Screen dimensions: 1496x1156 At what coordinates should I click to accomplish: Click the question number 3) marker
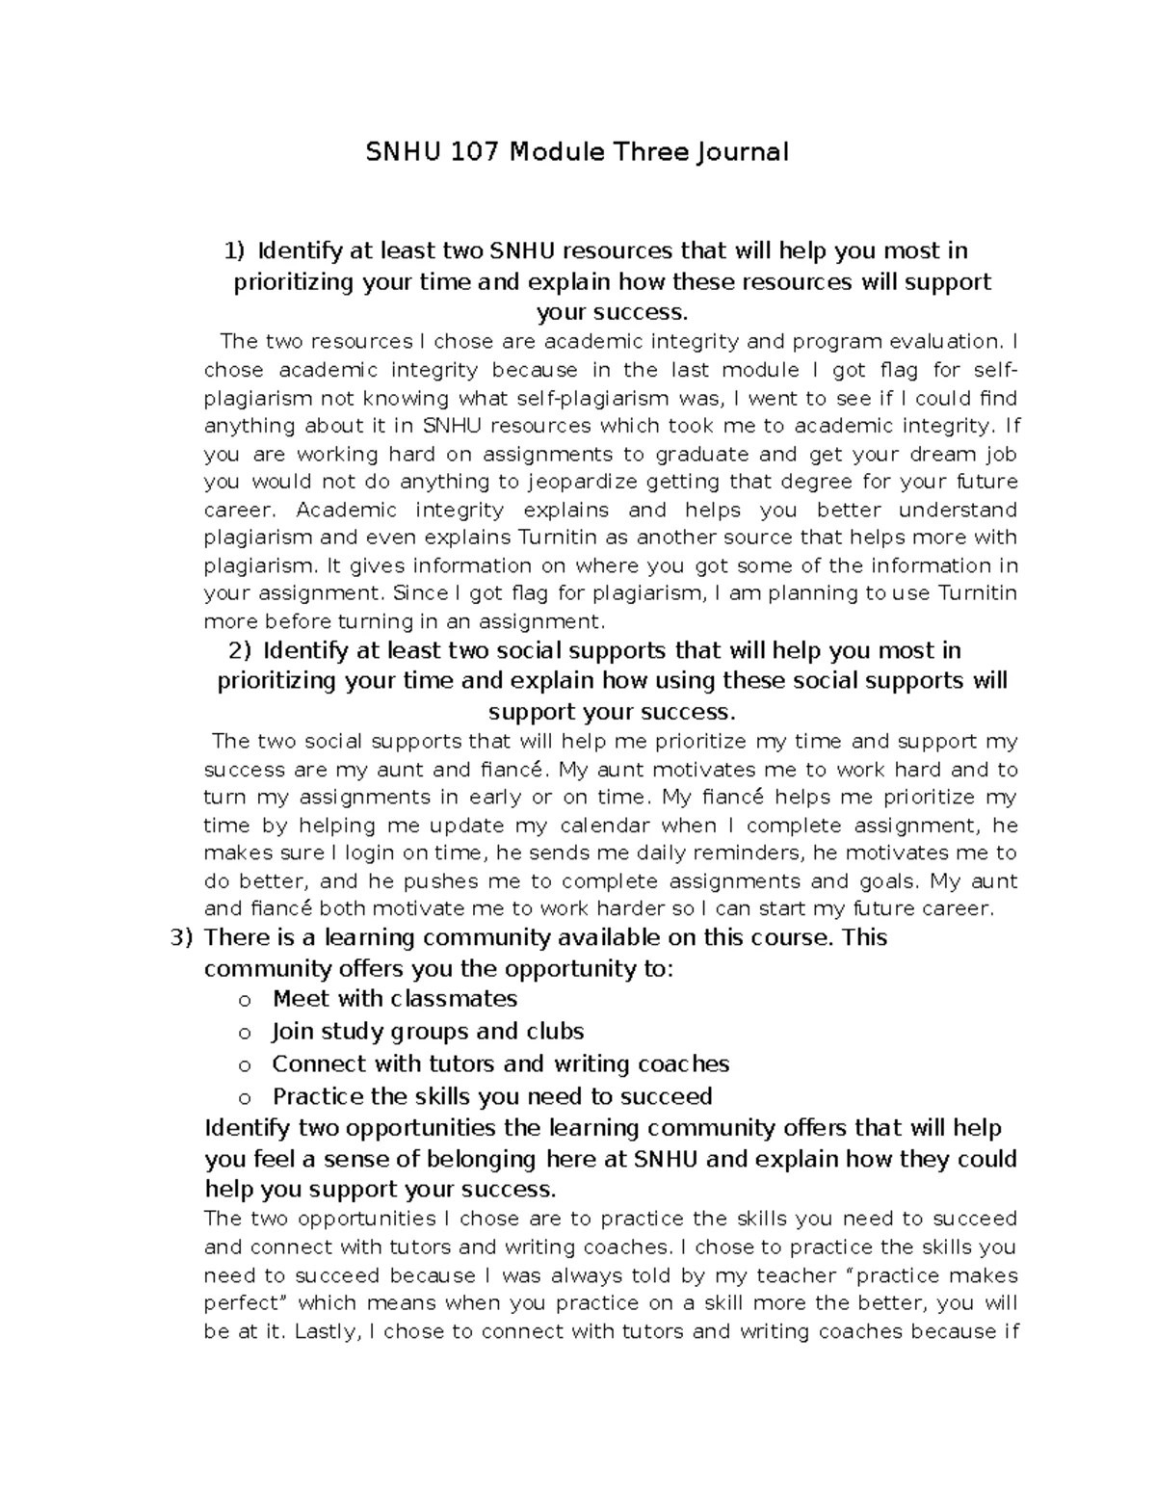pyautogui.click(x=182, y=937)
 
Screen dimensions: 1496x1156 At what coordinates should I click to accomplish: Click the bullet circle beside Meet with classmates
pyautogui.click(x=245, y=1001)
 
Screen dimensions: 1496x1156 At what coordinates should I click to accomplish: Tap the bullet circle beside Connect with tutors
pyautogui.click(x=245, y=1065)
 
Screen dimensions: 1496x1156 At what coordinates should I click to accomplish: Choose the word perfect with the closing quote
pyautogui.click(x=248, y=1303)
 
